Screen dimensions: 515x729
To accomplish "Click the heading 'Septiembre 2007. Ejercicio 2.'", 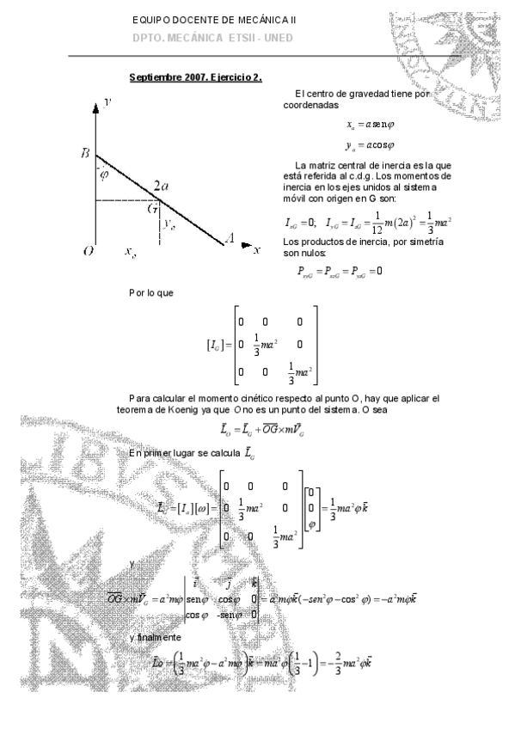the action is click(x=196, y=76).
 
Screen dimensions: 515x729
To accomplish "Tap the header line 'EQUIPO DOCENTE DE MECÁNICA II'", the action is click(x=215, y=20).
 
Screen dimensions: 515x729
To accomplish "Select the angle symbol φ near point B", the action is click(x=104, y=175).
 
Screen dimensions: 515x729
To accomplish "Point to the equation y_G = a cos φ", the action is click(x=365, y=146).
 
